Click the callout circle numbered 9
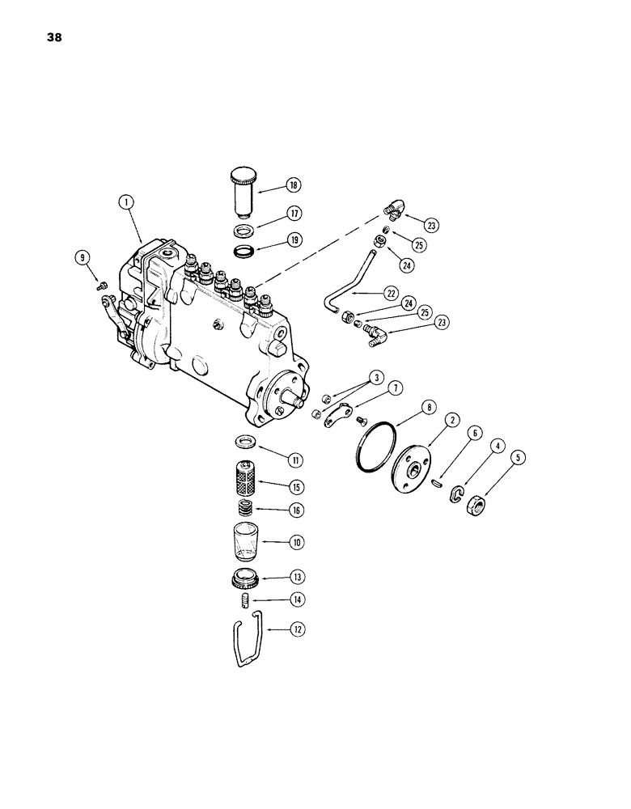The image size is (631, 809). point(81,258)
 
